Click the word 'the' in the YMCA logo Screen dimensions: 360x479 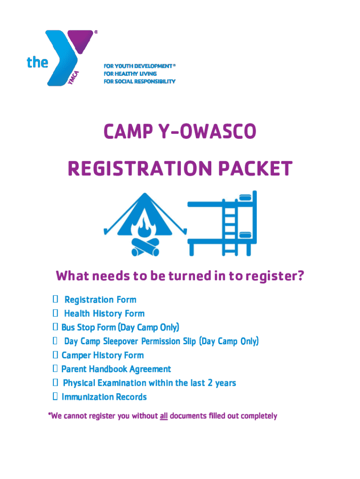(x=37, y=62)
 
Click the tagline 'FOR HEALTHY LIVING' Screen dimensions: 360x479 (x=130, y=73)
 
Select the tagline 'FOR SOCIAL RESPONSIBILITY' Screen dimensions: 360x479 (x=139, y=81)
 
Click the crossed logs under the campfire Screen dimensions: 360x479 (x=145, y=247)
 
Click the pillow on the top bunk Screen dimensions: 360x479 (x=245, y=198)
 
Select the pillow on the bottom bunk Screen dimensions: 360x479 (x=245, y=235)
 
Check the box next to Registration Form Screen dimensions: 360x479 (x=55, y=299)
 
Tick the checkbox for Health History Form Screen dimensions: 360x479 (x=55, y=313)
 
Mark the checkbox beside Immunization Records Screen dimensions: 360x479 (x=55, y=396)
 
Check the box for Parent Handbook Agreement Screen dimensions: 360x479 (x=55, y=369)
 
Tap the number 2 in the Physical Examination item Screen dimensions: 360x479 (x=210, y=383)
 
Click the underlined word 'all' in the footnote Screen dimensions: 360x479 (x=164, y=416)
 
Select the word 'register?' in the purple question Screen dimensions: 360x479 (x=275, y=276)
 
